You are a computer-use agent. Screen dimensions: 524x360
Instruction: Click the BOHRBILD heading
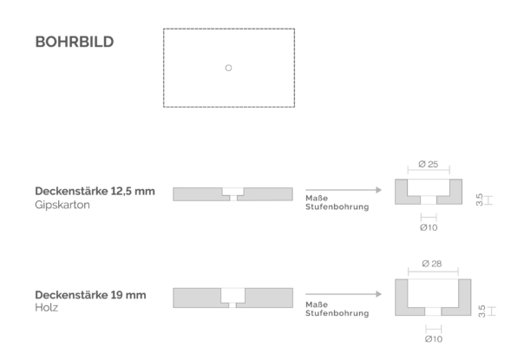(x=75, y=43)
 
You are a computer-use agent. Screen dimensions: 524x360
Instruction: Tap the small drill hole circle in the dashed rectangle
(x=228, y=68)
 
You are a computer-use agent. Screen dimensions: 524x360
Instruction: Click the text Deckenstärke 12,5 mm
(x=95, y=191)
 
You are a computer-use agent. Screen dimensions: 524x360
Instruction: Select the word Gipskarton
(x=62, y=205)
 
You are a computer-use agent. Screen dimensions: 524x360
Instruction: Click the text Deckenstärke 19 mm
(x=90, y=295)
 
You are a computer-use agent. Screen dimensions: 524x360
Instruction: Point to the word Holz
(x=47, y=308)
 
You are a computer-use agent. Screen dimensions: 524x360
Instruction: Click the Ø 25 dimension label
(x=428, y=164)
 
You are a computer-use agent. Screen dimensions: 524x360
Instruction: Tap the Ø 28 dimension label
(x=432, y=264)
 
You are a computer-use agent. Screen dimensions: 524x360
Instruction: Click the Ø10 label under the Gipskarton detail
(x=429, y=227)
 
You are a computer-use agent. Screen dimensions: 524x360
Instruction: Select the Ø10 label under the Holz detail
(x=434, y=339)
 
